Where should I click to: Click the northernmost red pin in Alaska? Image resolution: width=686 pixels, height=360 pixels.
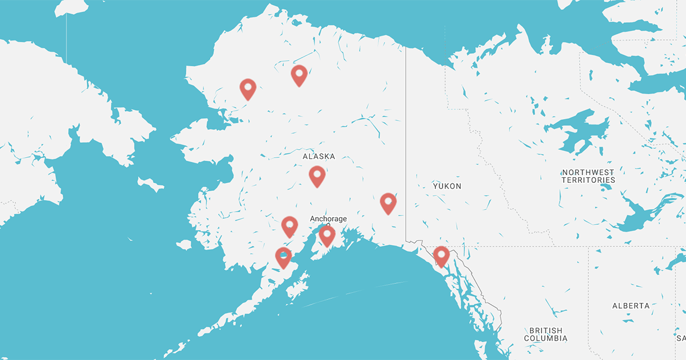pos(299,75)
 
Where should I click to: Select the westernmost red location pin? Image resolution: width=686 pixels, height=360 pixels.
pos(248,89)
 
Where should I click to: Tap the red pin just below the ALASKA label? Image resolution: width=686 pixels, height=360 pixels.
pos(317,175)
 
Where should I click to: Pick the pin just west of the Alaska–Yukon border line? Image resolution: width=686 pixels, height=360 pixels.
pos(388,203)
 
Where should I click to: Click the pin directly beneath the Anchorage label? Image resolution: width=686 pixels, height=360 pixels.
pos(326,235)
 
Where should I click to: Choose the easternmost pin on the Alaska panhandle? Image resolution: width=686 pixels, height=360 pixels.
pos(441,255)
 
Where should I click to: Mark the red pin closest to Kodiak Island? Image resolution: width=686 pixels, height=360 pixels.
pos(284,257)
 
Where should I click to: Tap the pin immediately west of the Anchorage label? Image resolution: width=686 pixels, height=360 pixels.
pos(290,226)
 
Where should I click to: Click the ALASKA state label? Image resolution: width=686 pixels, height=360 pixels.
pos(319,156)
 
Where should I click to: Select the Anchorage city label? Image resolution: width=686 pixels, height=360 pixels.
pos(328,219)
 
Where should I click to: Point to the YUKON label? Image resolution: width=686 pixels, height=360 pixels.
pos(447,186)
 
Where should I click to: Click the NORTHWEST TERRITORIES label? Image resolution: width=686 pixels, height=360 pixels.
pos(588,176)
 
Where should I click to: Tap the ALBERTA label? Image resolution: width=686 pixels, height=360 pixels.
pos(631,306)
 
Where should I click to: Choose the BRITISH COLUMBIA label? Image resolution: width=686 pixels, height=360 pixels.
pos(546,334)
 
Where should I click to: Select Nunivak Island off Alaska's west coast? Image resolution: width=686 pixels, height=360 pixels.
pos(184,245)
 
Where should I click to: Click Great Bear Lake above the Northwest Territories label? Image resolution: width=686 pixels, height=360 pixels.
pos(577,129)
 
